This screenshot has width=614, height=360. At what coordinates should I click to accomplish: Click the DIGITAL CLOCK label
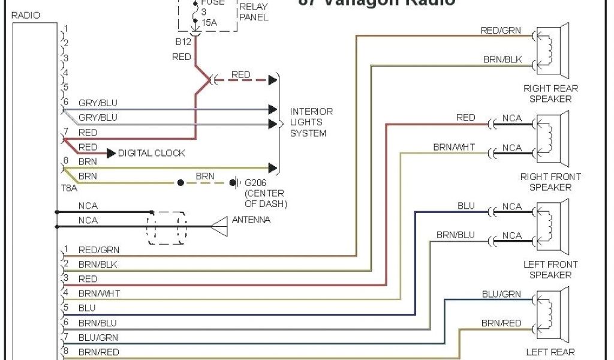point(151,153)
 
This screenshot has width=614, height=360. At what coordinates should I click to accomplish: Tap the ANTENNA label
point(251,220)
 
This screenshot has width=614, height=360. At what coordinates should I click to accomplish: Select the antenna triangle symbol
point(219,226)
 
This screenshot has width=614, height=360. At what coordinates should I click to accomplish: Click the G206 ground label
point(256,182)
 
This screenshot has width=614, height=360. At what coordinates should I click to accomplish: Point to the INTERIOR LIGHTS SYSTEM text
point(311,122)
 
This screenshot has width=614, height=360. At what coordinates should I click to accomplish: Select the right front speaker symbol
point(552,139)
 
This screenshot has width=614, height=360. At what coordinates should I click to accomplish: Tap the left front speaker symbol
point(552,226)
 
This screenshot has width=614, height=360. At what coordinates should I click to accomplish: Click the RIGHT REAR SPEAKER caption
point(550,94)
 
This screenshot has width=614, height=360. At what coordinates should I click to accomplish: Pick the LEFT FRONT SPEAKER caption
point(550,269)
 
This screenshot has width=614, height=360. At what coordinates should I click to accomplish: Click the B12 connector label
point(182,41)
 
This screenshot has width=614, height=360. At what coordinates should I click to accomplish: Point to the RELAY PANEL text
point(253,12)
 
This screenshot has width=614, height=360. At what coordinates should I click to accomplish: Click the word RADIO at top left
point(26,16)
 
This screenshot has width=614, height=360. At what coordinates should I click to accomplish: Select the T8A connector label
point(70,188)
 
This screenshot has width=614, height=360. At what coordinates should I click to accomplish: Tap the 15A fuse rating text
point(210,22)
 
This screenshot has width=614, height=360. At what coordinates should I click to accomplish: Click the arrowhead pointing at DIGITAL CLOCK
point(111,154)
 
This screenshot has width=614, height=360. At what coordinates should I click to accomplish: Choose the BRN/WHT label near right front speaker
point(454,148)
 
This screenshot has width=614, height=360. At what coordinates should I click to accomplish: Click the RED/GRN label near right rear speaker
point(500,31)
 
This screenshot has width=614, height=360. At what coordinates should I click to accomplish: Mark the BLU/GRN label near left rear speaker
point(501,295)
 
